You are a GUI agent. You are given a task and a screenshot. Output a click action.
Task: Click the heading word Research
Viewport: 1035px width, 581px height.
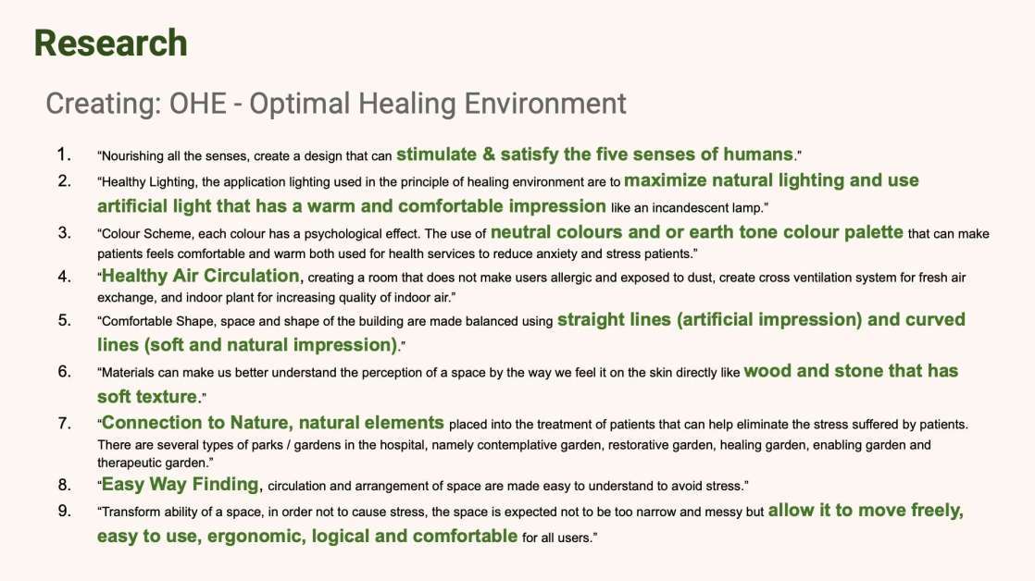tap(111, 43)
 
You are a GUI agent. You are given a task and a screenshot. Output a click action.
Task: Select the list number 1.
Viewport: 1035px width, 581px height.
tap(63, 155)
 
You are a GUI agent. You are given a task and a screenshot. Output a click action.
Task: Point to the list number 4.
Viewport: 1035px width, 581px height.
tap(64, 277)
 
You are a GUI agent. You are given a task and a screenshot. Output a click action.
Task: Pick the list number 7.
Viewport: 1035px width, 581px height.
tap(64, 423)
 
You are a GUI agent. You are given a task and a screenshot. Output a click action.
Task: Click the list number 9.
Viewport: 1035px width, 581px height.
tap(64, 511)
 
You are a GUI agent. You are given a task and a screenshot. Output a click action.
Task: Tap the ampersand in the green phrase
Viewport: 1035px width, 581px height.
tap(489, 155)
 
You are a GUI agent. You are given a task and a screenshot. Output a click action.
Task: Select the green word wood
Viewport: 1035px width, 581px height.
tap(767, 371)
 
